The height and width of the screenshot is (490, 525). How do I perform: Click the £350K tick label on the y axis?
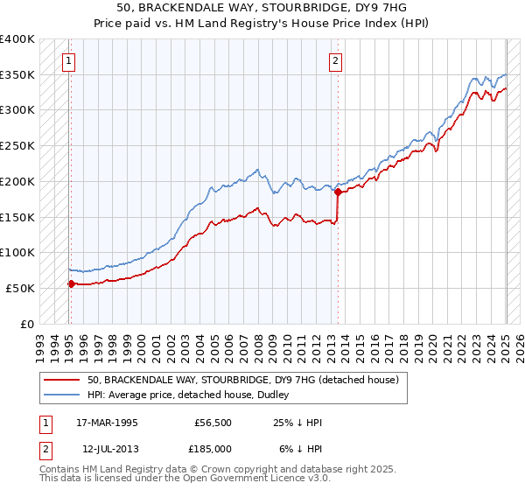[17, 75]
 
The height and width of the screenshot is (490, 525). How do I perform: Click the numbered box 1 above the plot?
[68, 60]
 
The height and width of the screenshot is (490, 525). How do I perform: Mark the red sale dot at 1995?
[72, 283]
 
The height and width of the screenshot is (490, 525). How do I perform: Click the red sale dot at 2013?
[338, 192]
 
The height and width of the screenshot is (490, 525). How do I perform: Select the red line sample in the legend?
[62, 380]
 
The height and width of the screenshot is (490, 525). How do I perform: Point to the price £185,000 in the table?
[212, 448]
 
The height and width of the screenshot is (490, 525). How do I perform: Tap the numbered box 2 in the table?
[44, 448]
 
